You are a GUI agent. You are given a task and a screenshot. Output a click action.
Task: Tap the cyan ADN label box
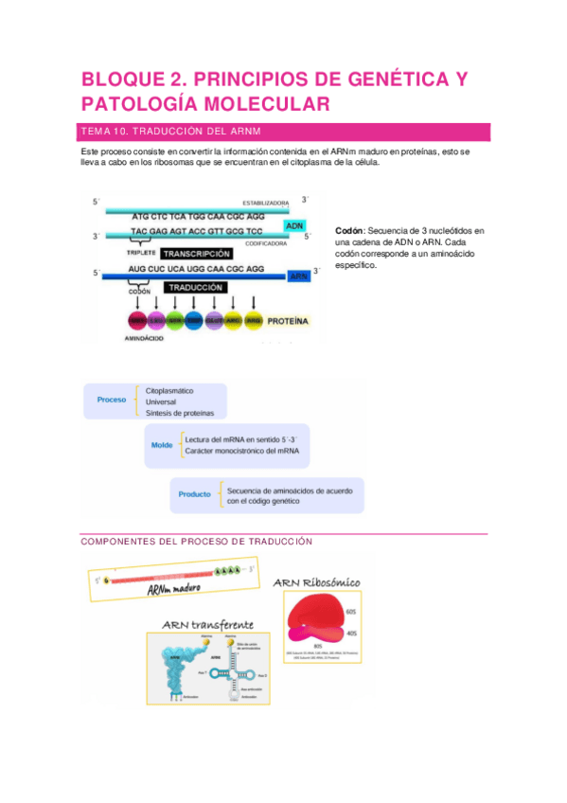point(294,225)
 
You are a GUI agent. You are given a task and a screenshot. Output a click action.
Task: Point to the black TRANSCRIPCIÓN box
point(196,254)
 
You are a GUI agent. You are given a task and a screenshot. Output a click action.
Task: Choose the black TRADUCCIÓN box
point(196,287)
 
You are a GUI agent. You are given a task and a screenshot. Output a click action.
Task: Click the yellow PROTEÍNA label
point(288,321)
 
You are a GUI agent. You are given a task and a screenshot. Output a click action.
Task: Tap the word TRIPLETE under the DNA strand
point(140,253)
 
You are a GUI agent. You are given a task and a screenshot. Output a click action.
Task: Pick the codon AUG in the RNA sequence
point(138,269)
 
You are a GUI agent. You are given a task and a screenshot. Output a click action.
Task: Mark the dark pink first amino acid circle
point(137,321)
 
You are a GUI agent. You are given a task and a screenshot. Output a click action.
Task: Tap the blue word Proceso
point(112,400)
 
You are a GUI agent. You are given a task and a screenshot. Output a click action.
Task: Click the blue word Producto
point(194,494)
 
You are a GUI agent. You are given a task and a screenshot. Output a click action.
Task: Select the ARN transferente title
point(207,626)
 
